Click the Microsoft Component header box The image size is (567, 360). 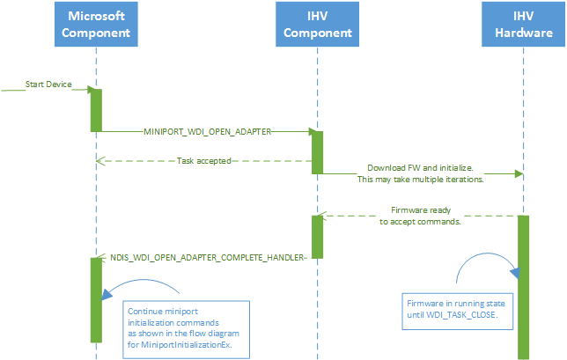point(96,25)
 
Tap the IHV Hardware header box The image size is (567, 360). point(523,25)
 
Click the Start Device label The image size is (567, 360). point(48,84)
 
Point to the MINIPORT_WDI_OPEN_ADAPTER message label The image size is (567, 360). point(207,130)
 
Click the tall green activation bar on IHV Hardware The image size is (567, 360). point(523,286)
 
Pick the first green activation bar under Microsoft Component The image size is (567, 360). point(96,109)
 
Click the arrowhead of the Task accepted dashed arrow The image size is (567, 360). point(100,160)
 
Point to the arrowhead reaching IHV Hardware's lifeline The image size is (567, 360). point(519,173)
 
